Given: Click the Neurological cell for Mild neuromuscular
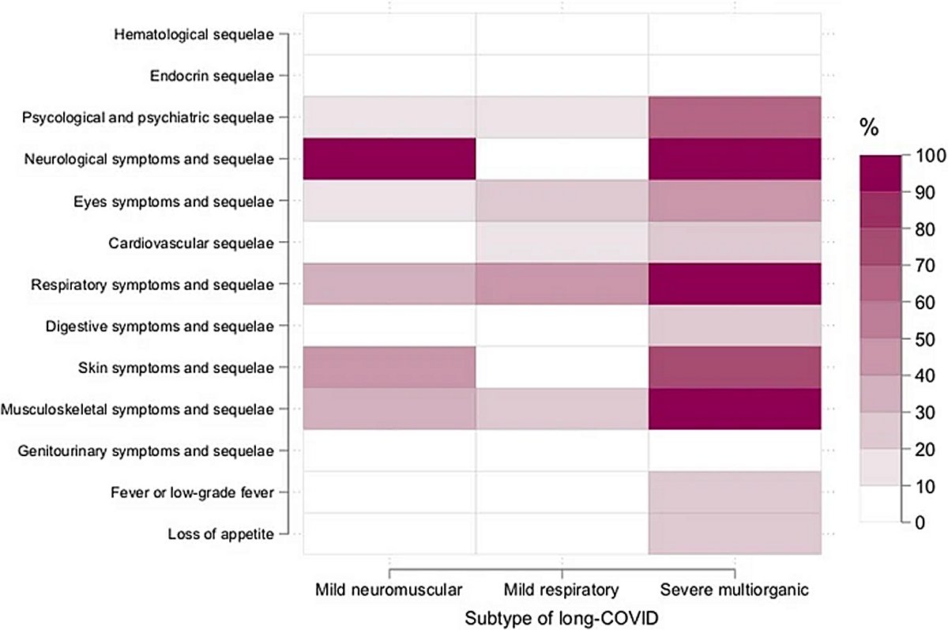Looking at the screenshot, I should click(x=389, y=159).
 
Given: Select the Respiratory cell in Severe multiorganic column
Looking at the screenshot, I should click(x=735, y=284).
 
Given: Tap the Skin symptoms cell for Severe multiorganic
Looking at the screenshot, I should click(x=735, y=367).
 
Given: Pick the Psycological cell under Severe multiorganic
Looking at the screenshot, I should click(x=735, y=117).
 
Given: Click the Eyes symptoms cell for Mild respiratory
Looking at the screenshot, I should click(x=562, y=201).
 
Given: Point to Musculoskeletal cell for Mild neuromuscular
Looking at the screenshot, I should click(x=389, y=409).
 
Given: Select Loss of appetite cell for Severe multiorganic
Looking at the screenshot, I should click(x=735, y=534).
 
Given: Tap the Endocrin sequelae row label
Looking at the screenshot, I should click(x=213, y=76).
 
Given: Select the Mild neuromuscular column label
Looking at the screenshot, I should click(x=389, y=590).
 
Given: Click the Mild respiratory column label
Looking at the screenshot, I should click(x=562, y=590).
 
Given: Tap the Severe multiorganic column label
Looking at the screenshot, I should click(x=735, y=590).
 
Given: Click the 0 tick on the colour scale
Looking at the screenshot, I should click(x=916, y=522).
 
